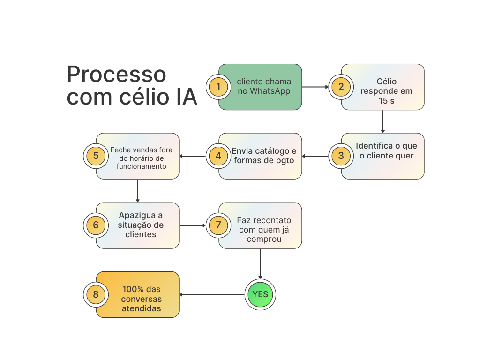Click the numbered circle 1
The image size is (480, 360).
tap(218, 87)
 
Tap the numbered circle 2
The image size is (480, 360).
tap(341, 87)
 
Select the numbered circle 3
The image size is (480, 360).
tap(341, 156)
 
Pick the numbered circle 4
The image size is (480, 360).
tap(218, 156)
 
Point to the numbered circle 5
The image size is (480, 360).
tap(96, 156)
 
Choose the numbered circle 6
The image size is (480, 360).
tap(96, 225)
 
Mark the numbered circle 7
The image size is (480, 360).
tap(218, 225)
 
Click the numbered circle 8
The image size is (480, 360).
tap(96, 294)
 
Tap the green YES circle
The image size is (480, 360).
tap(260, 294)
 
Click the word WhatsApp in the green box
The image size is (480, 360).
tap(270, 91)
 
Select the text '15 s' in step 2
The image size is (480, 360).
tap(386, 101)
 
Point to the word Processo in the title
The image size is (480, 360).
tap(116, 75)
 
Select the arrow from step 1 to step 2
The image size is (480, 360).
tap(315, 87)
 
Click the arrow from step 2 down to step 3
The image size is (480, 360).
tap(382, 121)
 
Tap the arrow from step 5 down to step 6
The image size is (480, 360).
tap(138, 191)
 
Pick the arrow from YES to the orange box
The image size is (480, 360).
tap(212, 294)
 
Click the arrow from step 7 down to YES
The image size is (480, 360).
tap(260, 263)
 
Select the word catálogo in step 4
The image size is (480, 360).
tap(272, 151)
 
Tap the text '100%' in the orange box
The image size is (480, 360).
tap(133, 289)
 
